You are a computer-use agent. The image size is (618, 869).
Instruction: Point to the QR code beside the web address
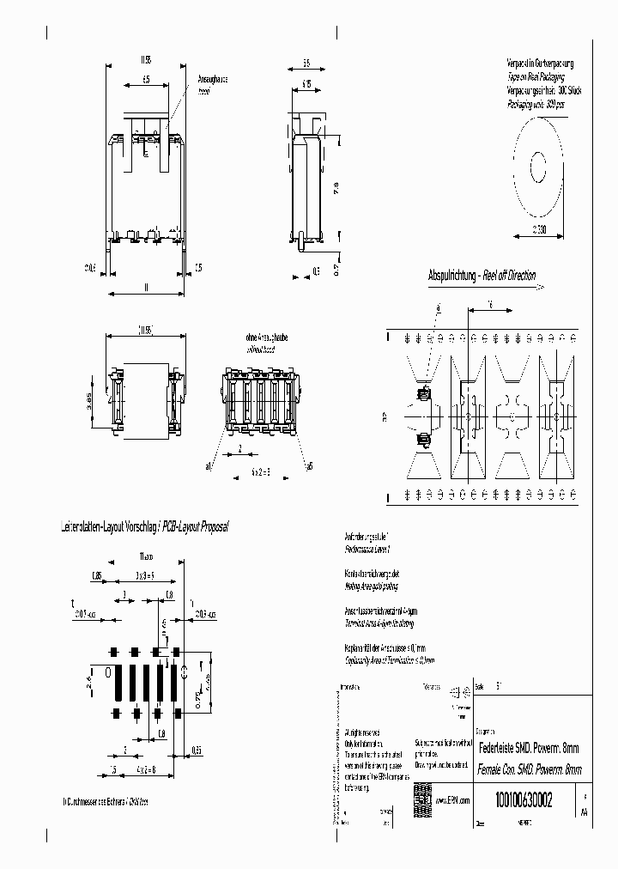point(421,793)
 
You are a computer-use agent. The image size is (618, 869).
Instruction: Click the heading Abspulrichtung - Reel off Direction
point(482,276)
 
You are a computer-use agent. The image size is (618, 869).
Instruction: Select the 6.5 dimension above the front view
point(146,79)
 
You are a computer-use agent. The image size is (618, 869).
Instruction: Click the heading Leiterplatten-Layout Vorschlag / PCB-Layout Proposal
point(145,526)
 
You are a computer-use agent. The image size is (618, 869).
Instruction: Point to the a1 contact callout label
point(209,467)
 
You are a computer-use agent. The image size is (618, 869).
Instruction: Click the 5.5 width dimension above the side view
point(306,64)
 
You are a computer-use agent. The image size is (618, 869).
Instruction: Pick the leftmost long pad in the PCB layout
point(119,683)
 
